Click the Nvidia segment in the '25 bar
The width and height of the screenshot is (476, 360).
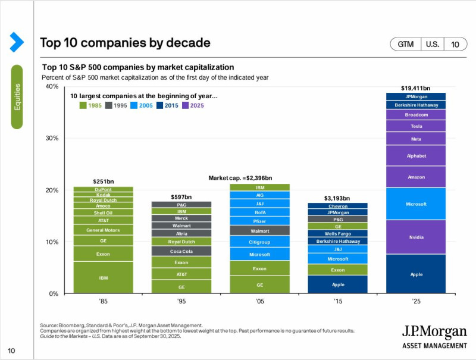[415, 237]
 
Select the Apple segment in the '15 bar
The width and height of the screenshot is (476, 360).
[337, 284]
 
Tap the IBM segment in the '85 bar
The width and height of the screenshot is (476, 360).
[103, 278]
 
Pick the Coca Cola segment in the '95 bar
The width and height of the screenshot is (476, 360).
[181, 251]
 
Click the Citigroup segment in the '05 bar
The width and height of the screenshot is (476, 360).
[259, 242]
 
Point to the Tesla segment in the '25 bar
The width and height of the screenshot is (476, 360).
[415, 126]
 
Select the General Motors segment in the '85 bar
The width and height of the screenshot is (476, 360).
[103, 230]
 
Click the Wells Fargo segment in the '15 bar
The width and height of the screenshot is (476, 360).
[337, 233]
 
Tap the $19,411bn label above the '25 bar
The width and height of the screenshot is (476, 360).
[415, 87]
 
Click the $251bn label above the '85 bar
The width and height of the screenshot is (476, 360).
[103, 181]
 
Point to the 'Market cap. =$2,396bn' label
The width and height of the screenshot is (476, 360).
[240, 178]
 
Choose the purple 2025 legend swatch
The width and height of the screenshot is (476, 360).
[185, 105]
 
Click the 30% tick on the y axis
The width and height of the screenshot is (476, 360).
[52, 138]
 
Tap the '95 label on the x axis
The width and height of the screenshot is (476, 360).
[181, 301]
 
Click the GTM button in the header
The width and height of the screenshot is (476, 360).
[405, 45]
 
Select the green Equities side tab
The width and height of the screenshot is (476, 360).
[17, 96]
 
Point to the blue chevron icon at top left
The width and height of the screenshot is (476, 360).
[16, 42]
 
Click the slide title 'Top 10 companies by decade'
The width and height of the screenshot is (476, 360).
[125, 43]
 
